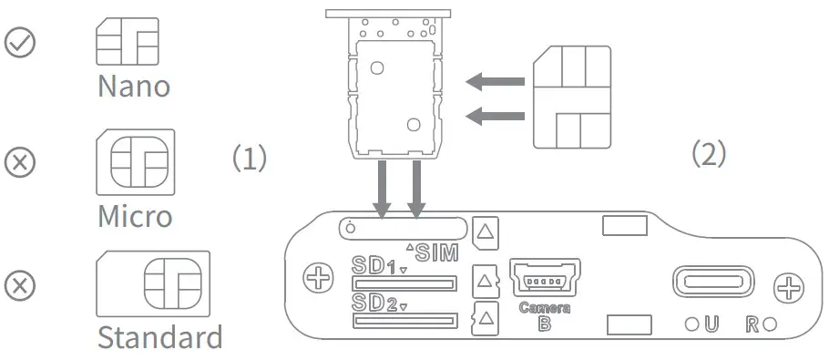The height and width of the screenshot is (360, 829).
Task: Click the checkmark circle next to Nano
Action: (x=20, y=42)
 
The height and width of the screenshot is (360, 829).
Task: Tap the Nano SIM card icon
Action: (x=127, y=42)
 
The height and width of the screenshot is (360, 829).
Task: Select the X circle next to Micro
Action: (x=20, y=161)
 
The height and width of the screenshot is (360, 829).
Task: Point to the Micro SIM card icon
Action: (x=136, y=162)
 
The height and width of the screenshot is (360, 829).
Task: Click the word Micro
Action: (x=136, y=215)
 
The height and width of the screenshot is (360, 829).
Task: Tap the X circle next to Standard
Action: (x=20, y=285)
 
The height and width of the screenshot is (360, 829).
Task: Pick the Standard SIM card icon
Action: (x=153, y=283)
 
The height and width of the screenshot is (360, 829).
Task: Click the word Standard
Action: (x=160, y=336)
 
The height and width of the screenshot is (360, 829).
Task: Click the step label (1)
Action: (x=251, y=158)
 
